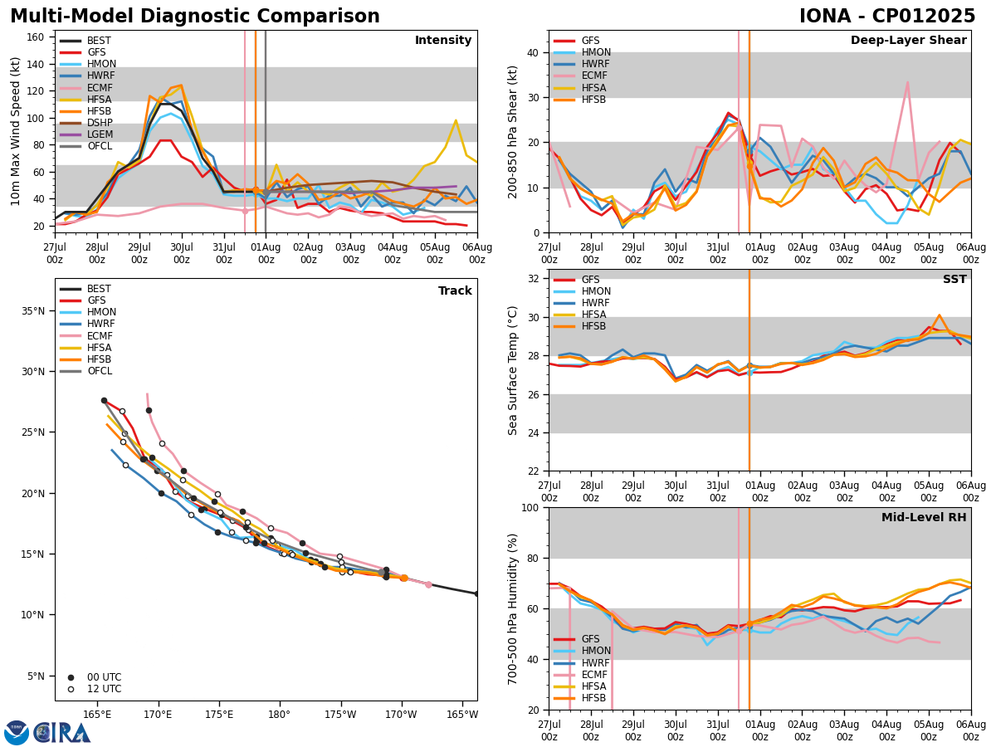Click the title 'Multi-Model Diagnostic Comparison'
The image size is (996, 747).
(195, 17)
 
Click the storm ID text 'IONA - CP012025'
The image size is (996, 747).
(886, 17)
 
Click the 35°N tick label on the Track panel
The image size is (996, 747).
(33, 311)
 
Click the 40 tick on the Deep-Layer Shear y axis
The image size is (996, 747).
(531, 52)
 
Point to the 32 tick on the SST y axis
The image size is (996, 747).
(531, 279)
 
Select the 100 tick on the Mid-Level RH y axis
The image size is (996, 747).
(528, 508)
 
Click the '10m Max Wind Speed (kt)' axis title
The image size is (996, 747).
(15, 131)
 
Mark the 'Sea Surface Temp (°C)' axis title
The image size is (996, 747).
(513, 370)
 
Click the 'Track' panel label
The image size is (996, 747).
(455, 291)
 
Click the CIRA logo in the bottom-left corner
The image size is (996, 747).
(47, 732)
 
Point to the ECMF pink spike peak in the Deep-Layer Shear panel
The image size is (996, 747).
(907, 82)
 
